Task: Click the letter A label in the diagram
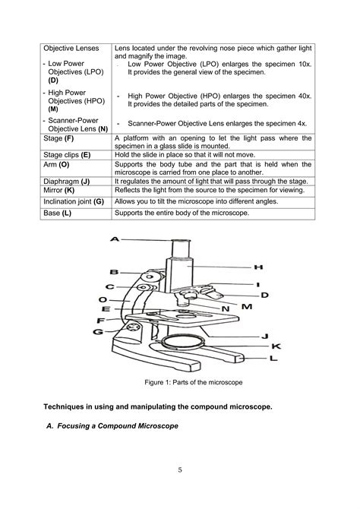click(x=115, y=239)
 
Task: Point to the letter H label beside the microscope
click(x=257, y=267)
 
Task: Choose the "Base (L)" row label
click(x=57, y=214)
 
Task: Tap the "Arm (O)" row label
click(x=56, y=164)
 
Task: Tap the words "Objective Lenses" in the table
click(x=71, y=48)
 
